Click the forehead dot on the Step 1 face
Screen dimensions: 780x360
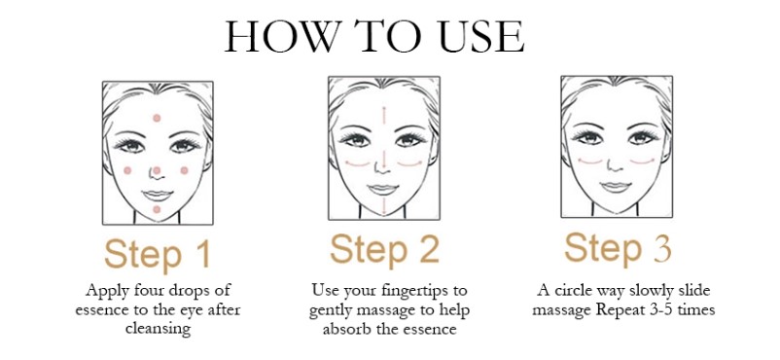pyautogui.click(x=157, y=118)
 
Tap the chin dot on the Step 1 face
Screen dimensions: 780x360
pyautogui.click(x=157, y=209)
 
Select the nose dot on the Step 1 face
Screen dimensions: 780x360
pyautogui.click(x=157, y=171)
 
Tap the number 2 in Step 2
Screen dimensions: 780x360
pyautogui.click(x=429, y=249)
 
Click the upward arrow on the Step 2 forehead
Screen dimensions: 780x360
pyautogui.click(x=384, y=115)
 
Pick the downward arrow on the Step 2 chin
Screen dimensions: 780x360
pyautogui.click(x=384, y=205)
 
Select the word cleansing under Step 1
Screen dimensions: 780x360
pyautogui.click(x=158, y=330)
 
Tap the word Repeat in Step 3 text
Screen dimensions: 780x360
pyautogui.click(x=620, y=309)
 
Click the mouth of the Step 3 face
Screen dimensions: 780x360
pyautogui.click(x=616, y=187)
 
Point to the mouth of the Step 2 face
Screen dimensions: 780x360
pyautogui.click(x=383, y=189)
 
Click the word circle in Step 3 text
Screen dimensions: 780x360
pyautogui.click(x=570, y=290)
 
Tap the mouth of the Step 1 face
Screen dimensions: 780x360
pyautogui.click(x=158, y=196)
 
